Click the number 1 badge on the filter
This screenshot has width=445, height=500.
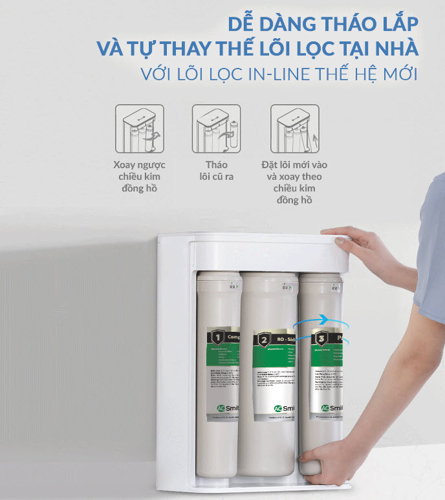point(218,336)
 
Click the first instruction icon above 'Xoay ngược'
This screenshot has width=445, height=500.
point(139,129)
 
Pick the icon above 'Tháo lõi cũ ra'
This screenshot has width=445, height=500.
point(216,129)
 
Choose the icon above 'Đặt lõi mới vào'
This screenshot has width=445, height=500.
point(294,129)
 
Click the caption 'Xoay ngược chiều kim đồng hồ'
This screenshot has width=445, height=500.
point(139,176)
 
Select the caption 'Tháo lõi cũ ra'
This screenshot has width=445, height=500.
point(216,171)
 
